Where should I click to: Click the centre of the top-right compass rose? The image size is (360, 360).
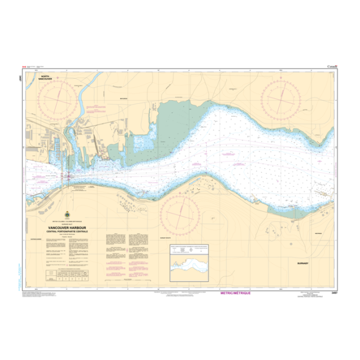point(281,96)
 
